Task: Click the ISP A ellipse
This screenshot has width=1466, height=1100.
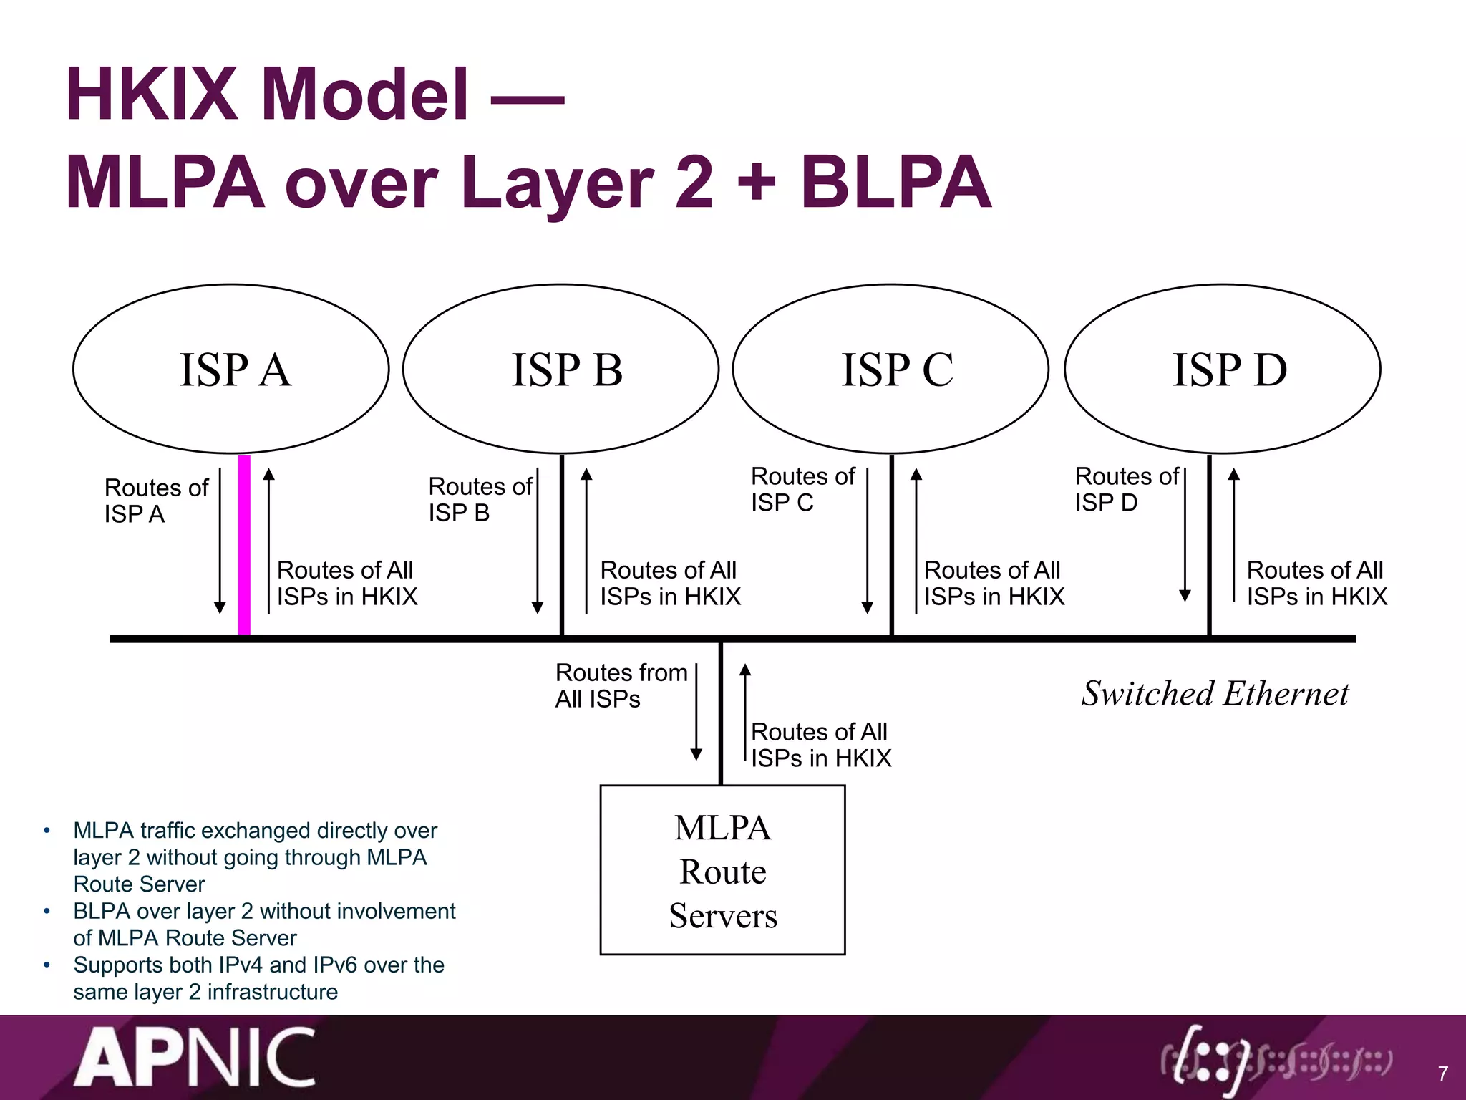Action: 230,369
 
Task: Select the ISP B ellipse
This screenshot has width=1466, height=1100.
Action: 560,369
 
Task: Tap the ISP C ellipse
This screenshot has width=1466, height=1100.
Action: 890,369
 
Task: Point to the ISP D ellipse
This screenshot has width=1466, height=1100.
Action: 1222,369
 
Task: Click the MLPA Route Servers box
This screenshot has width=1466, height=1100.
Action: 722,870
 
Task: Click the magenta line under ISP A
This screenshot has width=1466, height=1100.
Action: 244,544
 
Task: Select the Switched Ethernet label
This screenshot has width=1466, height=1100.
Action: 1215,693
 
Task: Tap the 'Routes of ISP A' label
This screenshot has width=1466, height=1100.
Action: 155,501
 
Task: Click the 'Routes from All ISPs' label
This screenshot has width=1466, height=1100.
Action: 620,685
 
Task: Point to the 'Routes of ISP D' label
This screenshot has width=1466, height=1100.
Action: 1126,489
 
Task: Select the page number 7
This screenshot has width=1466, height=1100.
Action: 1442,1074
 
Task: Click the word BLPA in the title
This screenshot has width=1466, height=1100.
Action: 895,183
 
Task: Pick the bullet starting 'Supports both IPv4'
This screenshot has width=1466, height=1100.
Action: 258,978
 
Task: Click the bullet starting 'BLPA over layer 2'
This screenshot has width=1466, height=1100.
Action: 263,924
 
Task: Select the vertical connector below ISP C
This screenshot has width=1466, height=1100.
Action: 891,544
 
